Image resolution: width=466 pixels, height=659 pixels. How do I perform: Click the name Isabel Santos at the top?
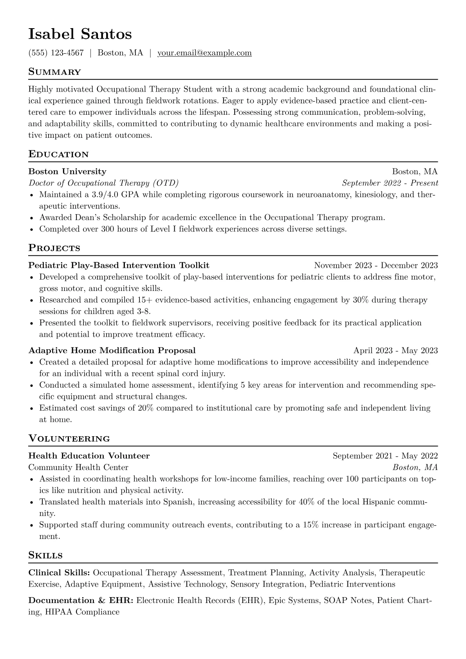(80, 34)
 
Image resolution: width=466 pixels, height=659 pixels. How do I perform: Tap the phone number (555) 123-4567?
(56, 53)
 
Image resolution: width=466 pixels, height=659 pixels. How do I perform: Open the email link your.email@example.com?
(204, 53)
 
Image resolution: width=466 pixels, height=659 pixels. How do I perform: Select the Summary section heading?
(54, 72)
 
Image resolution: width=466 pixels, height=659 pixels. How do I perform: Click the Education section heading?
(58, 154)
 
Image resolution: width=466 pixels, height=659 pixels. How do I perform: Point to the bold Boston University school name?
(67, 172)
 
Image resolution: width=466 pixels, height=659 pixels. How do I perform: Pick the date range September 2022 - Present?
(390, 183)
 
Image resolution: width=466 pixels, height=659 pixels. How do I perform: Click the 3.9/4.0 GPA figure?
(111, 195)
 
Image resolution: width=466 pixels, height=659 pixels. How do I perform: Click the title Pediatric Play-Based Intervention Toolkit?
(119, 265)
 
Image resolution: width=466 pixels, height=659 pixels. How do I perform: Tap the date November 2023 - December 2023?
(376, 265)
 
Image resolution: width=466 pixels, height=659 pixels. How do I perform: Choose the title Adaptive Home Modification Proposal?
(112, 350)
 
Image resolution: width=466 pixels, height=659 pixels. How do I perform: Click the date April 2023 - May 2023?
(395, 350)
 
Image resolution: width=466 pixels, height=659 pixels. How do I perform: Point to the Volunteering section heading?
(69, 439)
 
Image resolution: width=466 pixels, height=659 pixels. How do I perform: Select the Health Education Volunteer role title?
(89, 456)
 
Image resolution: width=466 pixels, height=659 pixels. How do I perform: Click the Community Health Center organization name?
(78, 468)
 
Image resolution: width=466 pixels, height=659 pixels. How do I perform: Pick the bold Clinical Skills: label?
(59, 573)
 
